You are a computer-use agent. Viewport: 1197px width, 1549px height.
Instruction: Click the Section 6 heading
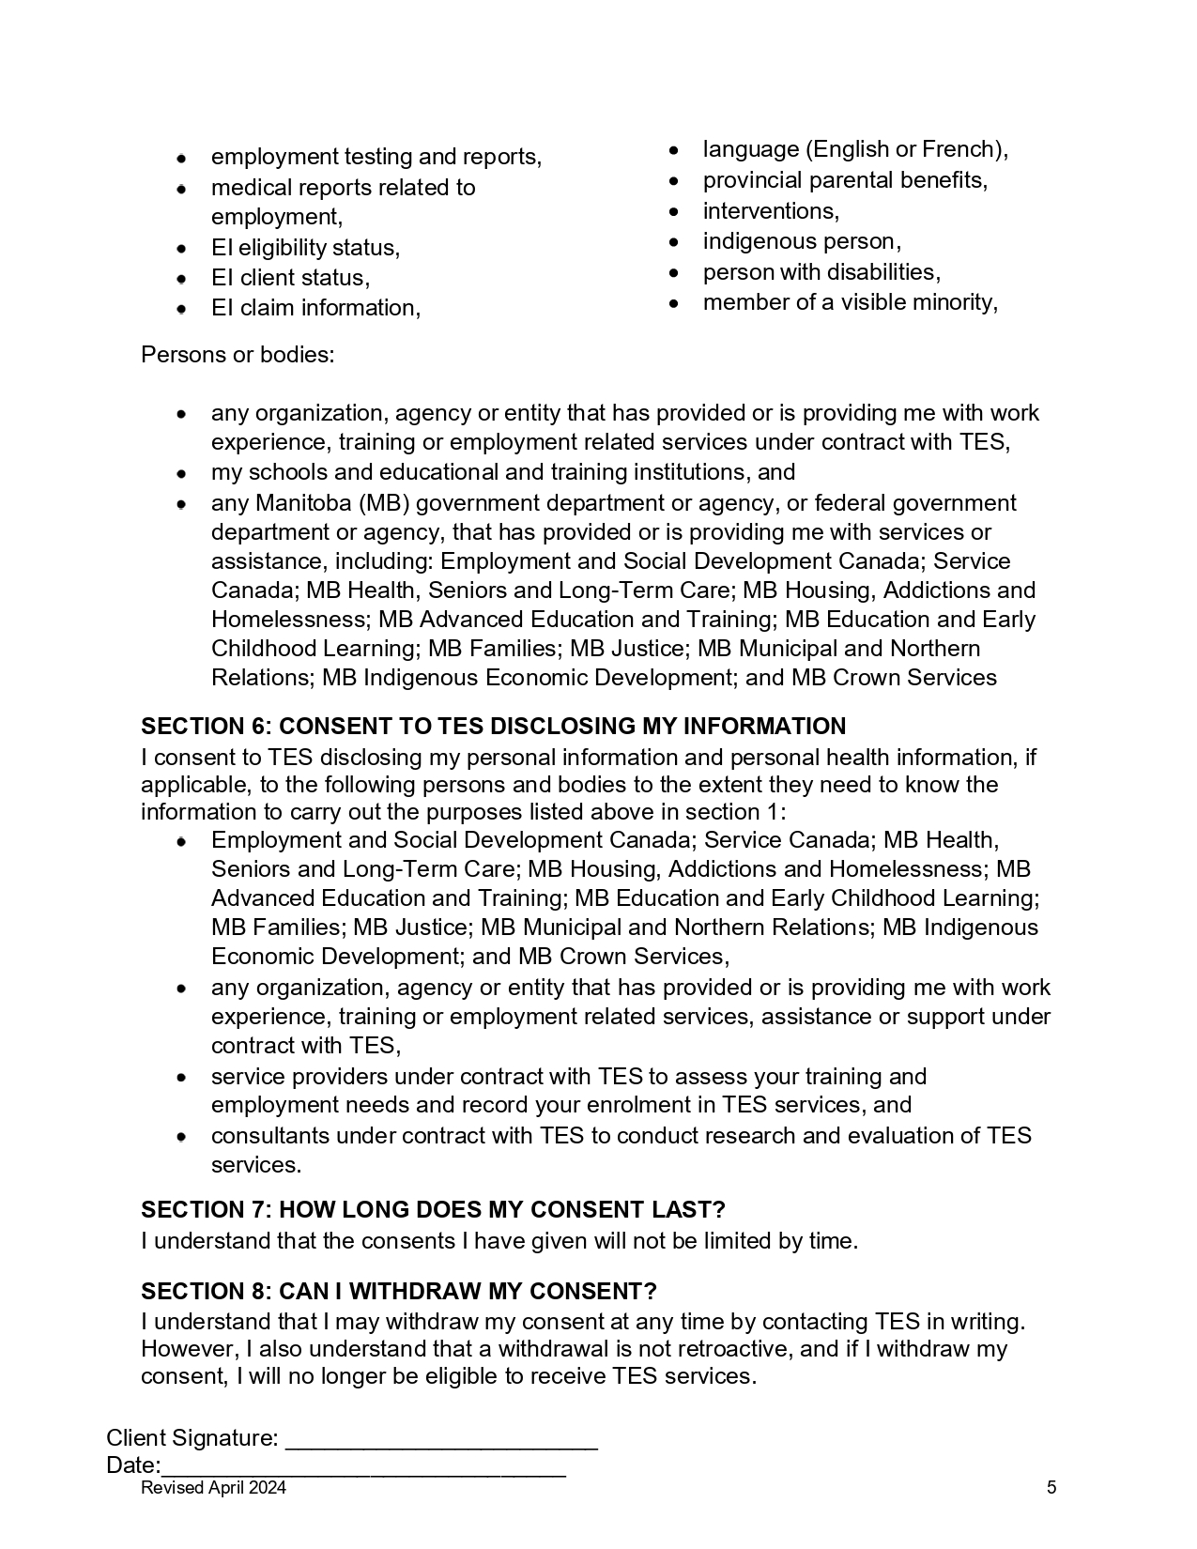pos(493,727)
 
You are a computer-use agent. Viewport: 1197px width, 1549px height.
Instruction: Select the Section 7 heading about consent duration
pos(433,1210)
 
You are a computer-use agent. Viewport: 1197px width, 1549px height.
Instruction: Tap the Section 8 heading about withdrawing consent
pos(398,1292)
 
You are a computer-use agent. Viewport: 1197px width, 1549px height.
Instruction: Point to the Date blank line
pos(363,1468)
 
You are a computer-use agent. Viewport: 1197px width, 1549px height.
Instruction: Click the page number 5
pos(1051,1488)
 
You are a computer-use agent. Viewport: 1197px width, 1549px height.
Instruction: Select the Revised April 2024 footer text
pos(213,1488)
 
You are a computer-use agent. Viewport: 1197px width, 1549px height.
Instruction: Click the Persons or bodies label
pos(238,355)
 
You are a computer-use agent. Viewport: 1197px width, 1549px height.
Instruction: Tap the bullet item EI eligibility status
pos(305,248)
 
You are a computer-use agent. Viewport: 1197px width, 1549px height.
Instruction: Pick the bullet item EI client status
pos(290,278)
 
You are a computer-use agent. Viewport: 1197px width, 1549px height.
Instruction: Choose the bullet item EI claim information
pos(315,308)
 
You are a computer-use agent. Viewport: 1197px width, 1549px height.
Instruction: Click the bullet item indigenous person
pos(802,241)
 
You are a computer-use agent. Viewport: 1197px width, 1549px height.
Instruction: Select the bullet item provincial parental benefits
pos(845,180)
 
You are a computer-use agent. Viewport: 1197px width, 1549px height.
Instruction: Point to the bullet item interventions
pos(771,211)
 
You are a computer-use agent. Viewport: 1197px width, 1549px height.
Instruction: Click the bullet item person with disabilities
pos(821,272)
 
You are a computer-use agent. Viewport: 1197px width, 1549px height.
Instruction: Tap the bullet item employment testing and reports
pos(376,157)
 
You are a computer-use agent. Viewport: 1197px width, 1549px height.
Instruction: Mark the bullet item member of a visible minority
pos(850,302)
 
